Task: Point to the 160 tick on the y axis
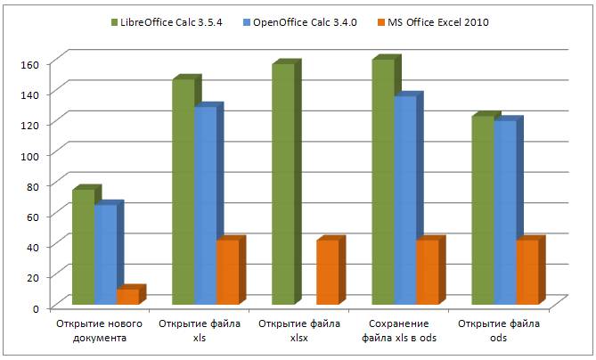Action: tap(31, 64)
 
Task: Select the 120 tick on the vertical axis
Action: tap(31, 125)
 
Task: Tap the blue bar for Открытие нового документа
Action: tap(104, 256)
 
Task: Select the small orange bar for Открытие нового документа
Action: tap(127, 297)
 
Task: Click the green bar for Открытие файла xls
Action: tap(182, 192)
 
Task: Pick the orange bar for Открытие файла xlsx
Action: tap(326, 274)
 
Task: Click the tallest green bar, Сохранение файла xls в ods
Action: tap(381, 183)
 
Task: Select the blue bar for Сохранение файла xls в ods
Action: tap(404, 200)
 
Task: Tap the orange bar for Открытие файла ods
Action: tap(526, 274)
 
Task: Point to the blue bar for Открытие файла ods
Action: tap(503, 213)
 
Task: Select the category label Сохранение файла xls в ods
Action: tap(400, 330)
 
